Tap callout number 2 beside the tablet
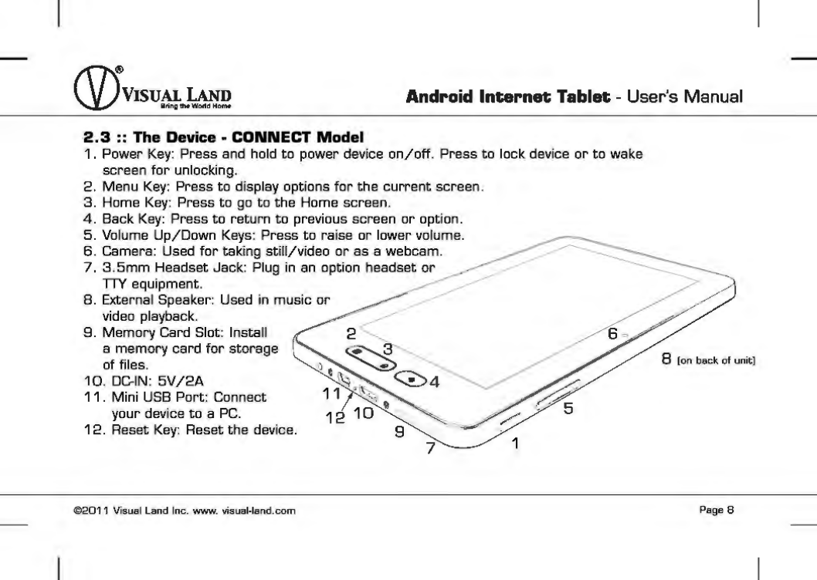tap(350, 334)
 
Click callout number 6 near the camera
tap(612, 333)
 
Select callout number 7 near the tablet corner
tap(429, 448)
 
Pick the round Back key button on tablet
tap(410, 379)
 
